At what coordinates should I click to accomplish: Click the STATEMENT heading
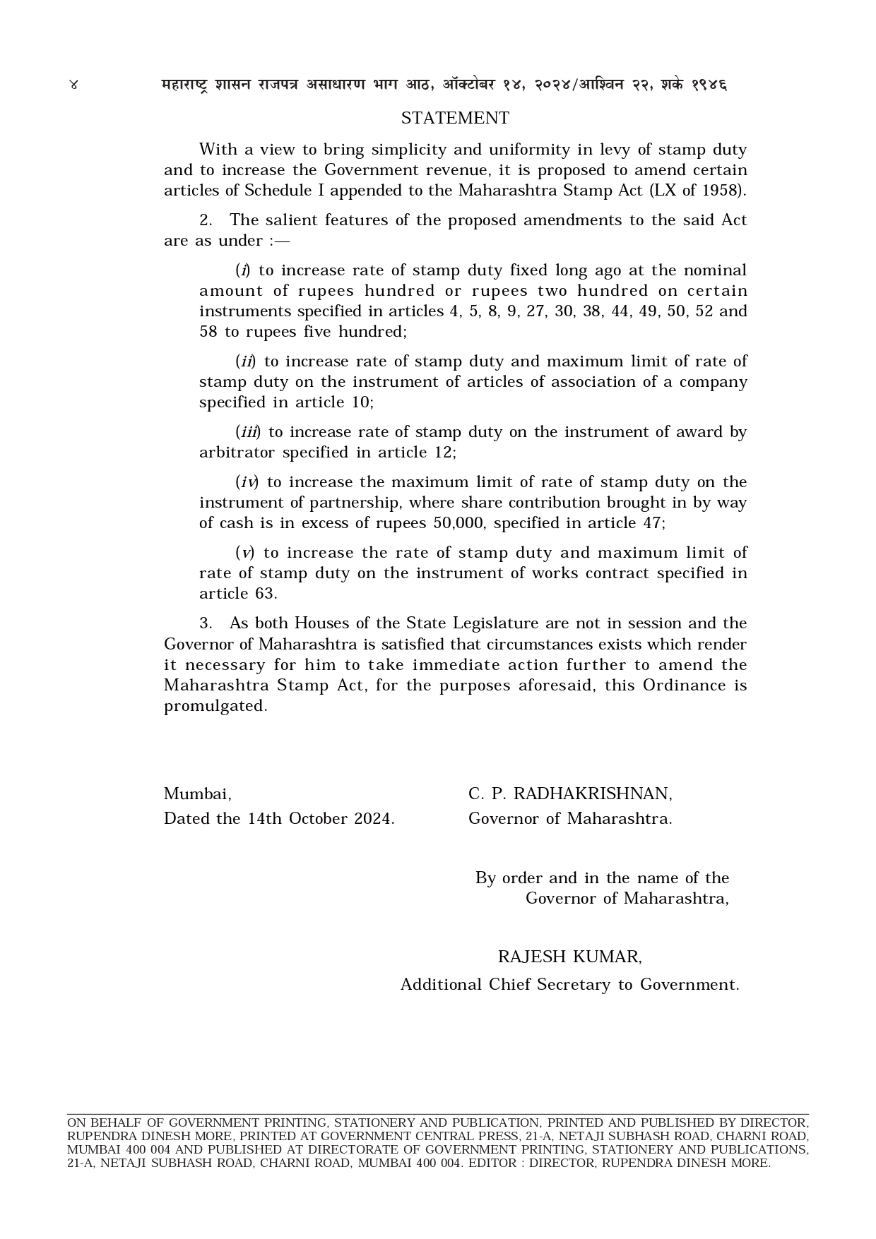pyautogui.click(x=455, y=118)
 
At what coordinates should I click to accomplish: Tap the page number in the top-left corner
pyautogui.click(x=73, y=85)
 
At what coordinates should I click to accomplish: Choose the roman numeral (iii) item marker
pyautogui.click(x=247, y=432)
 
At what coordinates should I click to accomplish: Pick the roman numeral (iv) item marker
pyautogui.click(x=247, y=482)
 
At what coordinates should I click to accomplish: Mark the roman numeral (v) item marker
pyautogui.click(x=244, y=553)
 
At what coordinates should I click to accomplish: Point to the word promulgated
pyautogui.click(x=215, y=706)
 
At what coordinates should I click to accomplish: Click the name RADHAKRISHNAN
pyautogui.click(x=592, y=794)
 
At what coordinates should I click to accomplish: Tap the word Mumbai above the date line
pyautogui.click(x=197, y=794)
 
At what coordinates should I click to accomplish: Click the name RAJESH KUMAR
pyautogui.click(x=569, y=957)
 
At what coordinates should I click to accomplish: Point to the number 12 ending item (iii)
pyautogui.click(x=445, y=453)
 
